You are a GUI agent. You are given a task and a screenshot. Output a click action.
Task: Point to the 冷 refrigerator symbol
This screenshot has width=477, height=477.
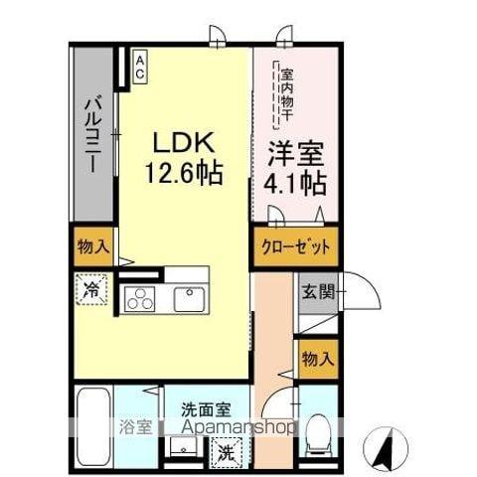click(x=90, y=292)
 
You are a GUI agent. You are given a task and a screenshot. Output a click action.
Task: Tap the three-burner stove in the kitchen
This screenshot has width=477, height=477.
click(x=140, y=298)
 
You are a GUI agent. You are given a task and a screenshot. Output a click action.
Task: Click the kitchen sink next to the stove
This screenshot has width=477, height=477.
click(x=188, y=298)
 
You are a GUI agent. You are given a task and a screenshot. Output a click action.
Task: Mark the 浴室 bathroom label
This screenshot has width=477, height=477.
click(x=137, y=428)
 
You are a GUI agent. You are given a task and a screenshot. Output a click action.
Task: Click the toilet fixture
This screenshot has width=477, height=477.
click(x=317, y=429)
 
